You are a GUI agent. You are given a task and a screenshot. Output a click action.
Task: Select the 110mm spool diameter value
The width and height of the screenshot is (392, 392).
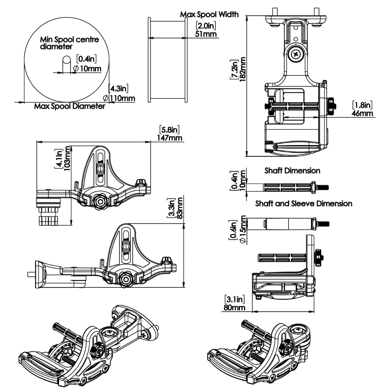(x=122, y=98)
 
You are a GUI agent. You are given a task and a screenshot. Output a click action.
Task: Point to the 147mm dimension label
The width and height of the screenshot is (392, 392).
(x=171, y=138)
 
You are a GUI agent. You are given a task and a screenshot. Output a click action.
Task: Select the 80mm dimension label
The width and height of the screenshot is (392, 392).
(x=234, y=307)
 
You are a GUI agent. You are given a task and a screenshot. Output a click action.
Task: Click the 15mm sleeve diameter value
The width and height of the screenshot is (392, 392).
(x=242, y=229)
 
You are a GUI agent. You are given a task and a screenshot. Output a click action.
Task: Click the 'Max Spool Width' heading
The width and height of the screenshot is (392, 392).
(x=209, y=14)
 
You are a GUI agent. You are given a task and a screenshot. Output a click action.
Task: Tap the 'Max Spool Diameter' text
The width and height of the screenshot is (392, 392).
(x=70, y=106)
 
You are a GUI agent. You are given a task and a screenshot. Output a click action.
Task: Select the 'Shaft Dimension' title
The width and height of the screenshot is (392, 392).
(x=292, y=171)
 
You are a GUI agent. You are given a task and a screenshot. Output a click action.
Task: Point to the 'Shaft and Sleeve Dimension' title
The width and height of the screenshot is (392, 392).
(x=304, y=204)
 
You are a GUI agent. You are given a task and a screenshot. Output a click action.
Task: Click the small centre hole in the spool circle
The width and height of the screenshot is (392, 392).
(x=67, y=60)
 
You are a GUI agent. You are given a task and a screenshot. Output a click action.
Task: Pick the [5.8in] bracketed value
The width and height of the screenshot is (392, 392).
(x=170, y=130)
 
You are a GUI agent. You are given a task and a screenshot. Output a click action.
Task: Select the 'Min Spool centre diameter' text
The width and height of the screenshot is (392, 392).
(x=69, y=43)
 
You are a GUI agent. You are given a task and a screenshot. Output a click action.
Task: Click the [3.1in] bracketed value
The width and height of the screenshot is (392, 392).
(x=234, y=299)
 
